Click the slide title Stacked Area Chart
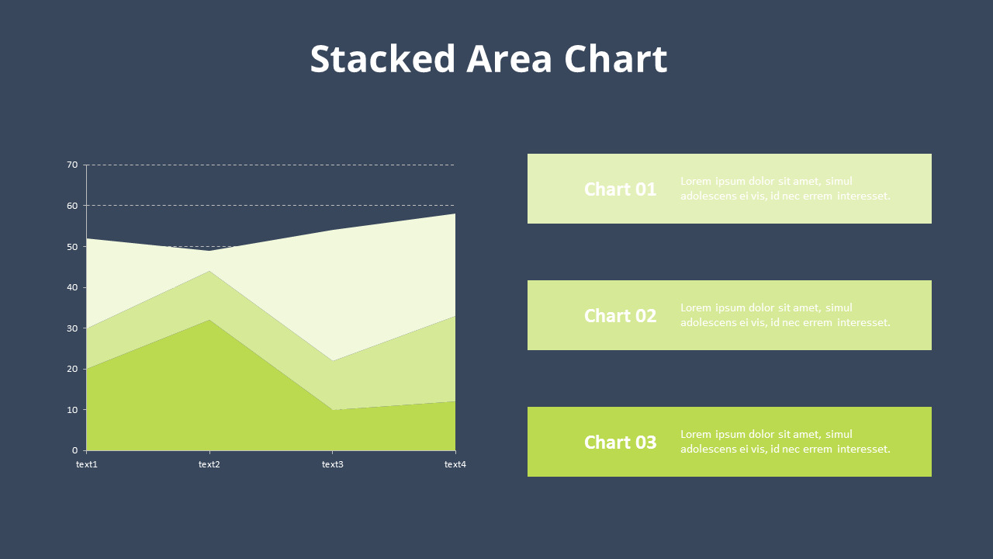488,59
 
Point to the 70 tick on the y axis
72,165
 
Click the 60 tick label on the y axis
72,206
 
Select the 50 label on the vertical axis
72,247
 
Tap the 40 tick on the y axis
72,287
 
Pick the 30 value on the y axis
72,328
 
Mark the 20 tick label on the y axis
72,369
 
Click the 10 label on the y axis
72,410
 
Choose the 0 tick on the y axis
74,450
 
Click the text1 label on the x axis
87,464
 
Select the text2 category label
209,464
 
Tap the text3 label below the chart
332,464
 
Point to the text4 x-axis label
455,464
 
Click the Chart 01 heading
620,189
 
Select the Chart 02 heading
620,316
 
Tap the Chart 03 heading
620,443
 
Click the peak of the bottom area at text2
209,320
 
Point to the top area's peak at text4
455,214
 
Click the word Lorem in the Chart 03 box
695,435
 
